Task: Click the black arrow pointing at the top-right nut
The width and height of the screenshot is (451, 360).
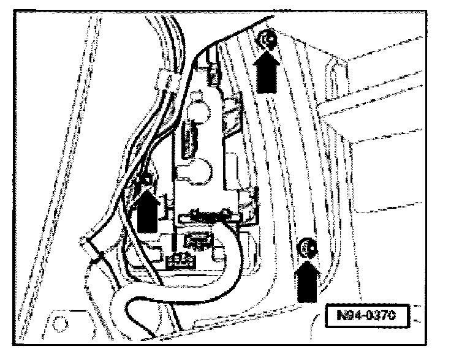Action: (268, 69)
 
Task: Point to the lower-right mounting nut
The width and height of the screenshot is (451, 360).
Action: (305, 247)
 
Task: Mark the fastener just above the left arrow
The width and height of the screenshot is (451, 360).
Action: (147, 180)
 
